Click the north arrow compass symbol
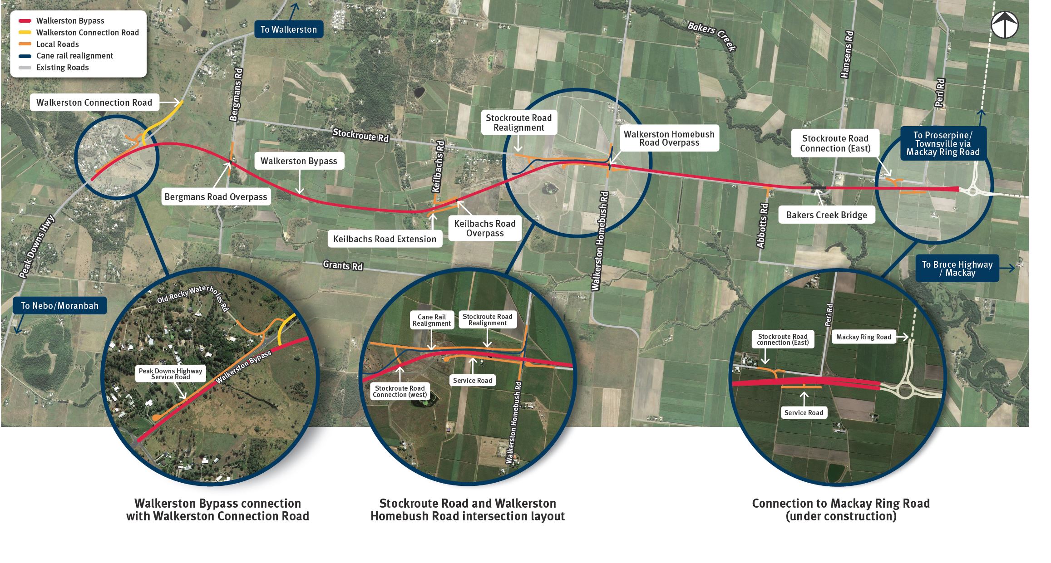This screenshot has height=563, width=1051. (1004, 25)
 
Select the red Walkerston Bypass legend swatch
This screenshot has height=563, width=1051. (25, 21)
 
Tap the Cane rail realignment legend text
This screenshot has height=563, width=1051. (74, 56)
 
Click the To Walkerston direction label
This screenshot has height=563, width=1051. (288, 29)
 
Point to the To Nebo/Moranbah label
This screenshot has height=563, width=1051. (59, 305)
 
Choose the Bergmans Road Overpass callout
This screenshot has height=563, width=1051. (216, 197)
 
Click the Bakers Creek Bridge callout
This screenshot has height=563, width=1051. (826, 215)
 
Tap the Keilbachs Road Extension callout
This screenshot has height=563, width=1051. (385, 239)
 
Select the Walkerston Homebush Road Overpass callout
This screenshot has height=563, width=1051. (669, 138)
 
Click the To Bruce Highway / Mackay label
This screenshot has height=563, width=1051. (957, 269)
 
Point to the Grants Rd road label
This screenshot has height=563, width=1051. (343, 265)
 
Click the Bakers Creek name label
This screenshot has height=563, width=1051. (711, 36)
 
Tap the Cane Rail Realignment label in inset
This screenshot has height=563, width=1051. (431, 320)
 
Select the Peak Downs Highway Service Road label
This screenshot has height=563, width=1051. (170, 374)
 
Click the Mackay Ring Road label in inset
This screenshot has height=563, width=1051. (863, 337)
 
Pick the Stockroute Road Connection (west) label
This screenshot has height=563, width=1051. (400, 392)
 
